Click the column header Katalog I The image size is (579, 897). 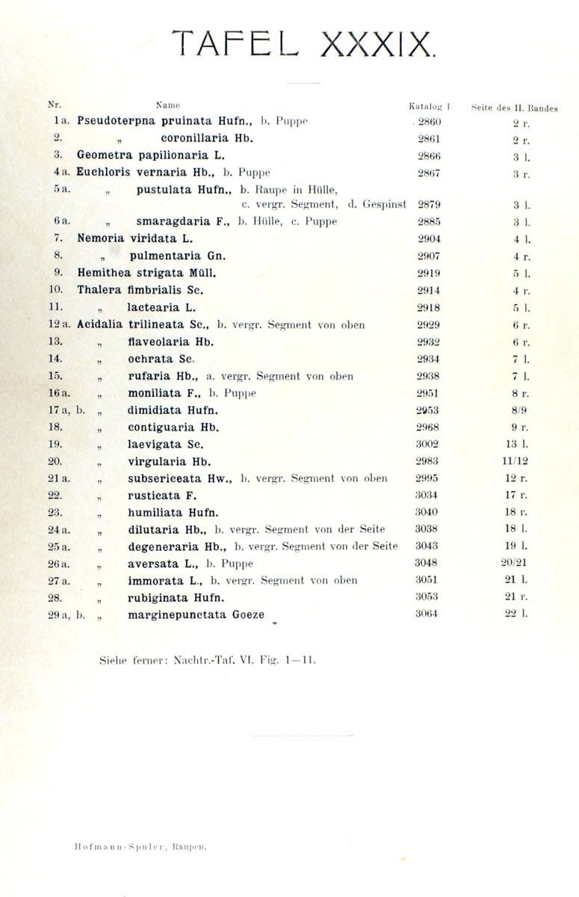[x=429, y=107]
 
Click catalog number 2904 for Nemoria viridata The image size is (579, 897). [x=429, y=238]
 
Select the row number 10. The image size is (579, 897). [x=55, y=289]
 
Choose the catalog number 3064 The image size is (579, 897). [x=427, y=614]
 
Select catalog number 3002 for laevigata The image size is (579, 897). [x=427, y=444]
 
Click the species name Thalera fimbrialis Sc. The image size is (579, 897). [x=140, y=289]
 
